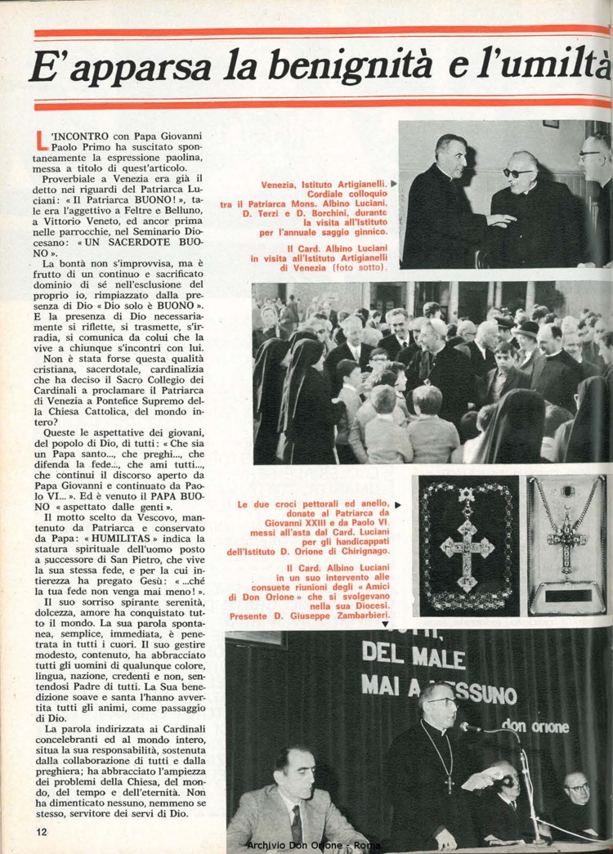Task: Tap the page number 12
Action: [42, 830]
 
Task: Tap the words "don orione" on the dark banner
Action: [536, 725]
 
